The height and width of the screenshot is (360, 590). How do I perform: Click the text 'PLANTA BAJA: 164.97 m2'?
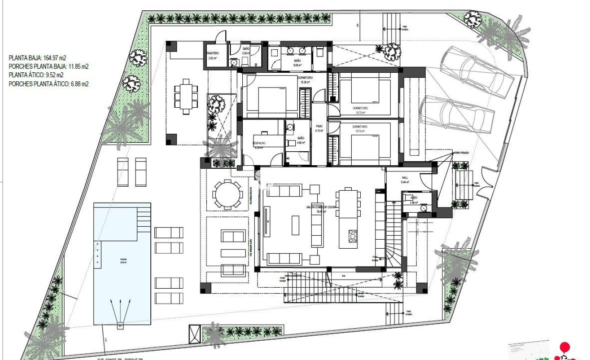37,58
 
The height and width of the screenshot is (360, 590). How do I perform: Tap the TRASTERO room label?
213,53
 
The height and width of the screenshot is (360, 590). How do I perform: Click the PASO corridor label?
319,126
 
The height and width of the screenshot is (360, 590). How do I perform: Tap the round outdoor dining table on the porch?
227,194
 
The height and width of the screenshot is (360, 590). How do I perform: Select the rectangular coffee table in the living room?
295,225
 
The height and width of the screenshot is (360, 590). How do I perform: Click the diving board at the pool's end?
120,325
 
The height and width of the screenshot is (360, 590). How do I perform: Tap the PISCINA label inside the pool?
110,259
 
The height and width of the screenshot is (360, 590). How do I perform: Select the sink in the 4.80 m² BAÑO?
290,127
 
